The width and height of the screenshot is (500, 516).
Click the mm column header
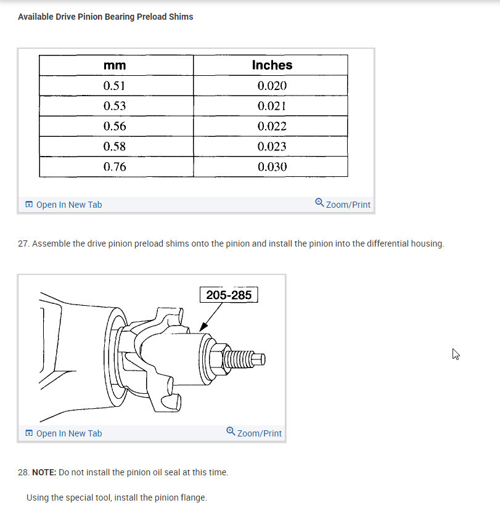(115, 65)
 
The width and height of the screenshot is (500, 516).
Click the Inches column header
(272, 65)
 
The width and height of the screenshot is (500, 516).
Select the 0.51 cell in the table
(115, 86)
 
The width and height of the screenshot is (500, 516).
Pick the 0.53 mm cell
(115, 106)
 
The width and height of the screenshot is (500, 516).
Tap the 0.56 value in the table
(115, 126)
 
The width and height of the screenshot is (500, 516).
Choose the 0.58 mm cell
(115, 147)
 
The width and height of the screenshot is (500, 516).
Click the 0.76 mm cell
(115, 167)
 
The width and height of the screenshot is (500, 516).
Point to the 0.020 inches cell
(272, 86)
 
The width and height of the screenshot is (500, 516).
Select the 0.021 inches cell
(272, 106)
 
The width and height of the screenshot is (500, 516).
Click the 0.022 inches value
(272, 126)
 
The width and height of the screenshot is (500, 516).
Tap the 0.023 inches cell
(272, 147)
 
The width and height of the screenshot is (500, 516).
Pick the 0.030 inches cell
(272, 167)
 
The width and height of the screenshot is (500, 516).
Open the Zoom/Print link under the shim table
(343, 205)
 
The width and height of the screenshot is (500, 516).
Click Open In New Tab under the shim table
(64, 205)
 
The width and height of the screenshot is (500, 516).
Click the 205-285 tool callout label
(229, 295)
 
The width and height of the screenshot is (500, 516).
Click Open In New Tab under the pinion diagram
(64, 433)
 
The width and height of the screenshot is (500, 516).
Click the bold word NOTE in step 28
(44, 472)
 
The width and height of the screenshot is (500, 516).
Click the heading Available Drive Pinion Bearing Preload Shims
(105, 17)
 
